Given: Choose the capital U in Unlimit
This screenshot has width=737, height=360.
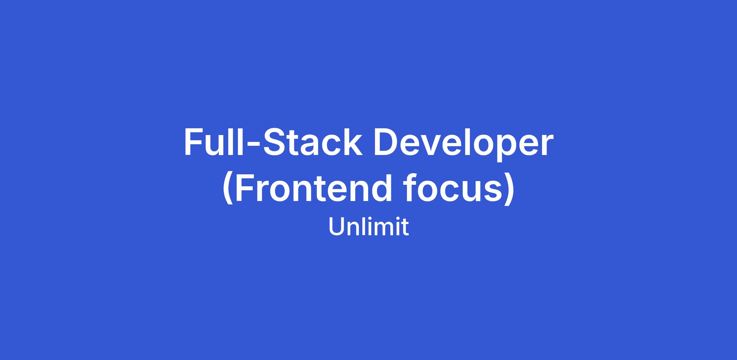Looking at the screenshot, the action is [337, 227].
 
